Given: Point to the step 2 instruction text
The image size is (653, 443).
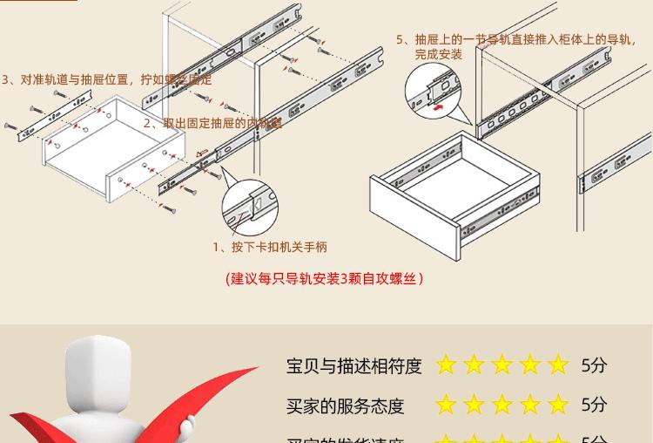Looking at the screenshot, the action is point(212,123).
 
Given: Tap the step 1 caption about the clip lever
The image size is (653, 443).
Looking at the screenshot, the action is point(270,247).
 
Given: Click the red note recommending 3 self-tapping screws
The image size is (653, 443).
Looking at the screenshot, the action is point(324,278).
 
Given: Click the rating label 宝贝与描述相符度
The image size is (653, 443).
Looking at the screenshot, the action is point(353,365).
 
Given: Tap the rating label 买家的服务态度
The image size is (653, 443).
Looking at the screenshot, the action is point(345,406).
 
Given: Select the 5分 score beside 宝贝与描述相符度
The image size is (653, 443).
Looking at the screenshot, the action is point(594,365).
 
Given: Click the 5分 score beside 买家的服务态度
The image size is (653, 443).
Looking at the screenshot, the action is point(594,405).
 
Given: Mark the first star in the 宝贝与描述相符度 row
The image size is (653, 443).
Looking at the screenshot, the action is point(447,365).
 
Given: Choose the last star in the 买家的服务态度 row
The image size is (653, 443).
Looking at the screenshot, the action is point(558,405).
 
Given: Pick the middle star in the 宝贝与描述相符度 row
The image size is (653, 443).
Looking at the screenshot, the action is point(502,365).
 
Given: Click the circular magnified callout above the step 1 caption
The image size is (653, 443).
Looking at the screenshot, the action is point(250,208).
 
